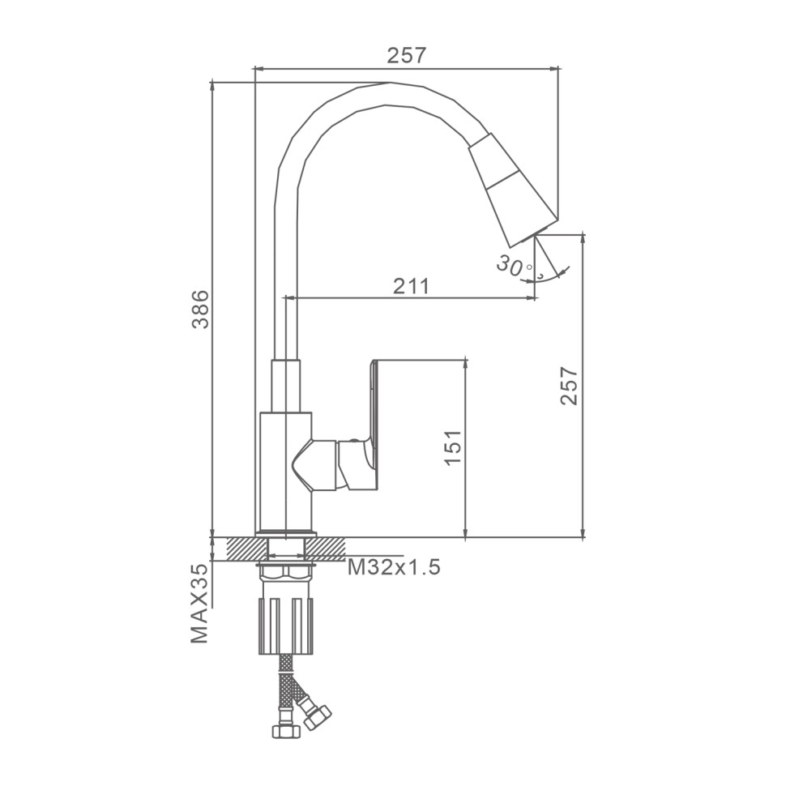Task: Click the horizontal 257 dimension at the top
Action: pyautogui.click(x=407, y=55)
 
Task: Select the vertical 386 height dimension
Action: pyautogui.click(x=201, y=309)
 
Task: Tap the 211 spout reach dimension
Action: pyautogui.click(x=411, y=286)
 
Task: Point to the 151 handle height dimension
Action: pyautogui.click(x=453, y=447)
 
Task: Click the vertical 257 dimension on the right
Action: pyautogui.click(x=570, y=386)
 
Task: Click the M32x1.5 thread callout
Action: pyautogui.click(x=394, y=567)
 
